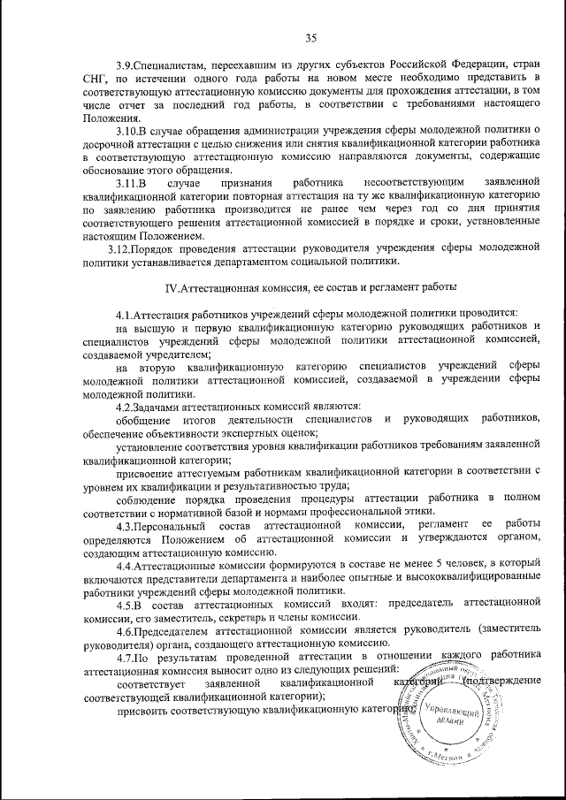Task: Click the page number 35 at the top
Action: pyautogui.click(x=310, y=38)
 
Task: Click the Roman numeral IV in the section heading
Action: pyautogui.click(x=173, y=288)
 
